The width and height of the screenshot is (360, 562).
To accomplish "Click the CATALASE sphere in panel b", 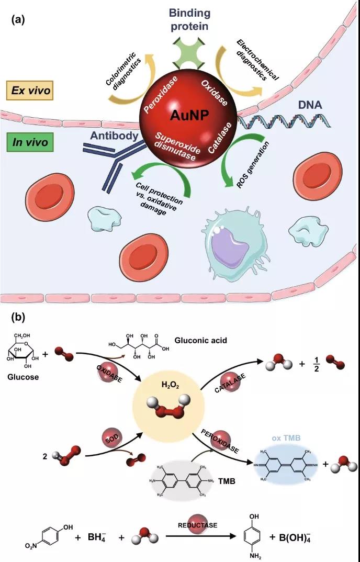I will pos(232,380).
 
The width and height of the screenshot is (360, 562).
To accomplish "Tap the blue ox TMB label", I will pos(285,437).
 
